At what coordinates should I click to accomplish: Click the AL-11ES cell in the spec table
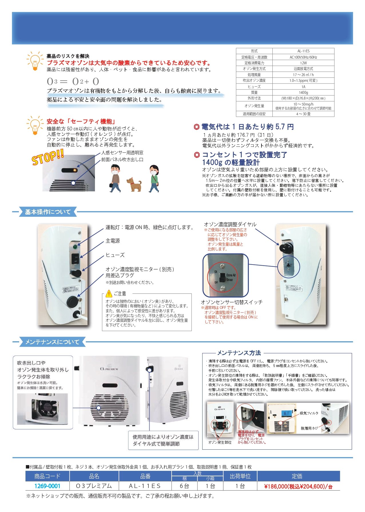point(303,51)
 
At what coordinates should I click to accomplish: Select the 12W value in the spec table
point(303,63)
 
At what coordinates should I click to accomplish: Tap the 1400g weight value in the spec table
point(303,92)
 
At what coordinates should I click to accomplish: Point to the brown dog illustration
point(134,184)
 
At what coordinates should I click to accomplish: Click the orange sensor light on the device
point(75,170)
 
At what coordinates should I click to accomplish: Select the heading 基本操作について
point(48,212)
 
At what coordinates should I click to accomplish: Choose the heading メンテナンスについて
point(52,342)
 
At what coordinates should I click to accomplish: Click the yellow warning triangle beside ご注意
point(109,293)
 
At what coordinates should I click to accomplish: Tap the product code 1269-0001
point(47,486)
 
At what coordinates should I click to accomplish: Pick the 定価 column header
point(297,476)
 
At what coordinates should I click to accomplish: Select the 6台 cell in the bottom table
point(185,486)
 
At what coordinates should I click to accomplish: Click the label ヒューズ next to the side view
point(115,255)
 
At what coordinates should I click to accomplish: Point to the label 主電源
point(113,241)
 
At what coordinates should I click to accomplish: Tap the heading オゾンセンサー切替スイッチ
point(232,302)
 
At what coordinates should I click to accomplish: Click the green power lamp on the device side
point(75,246)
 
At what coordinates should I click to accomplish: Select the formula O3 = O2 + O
point(73,82)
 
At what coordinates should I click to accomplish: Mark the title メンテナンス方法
point(239,353)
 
